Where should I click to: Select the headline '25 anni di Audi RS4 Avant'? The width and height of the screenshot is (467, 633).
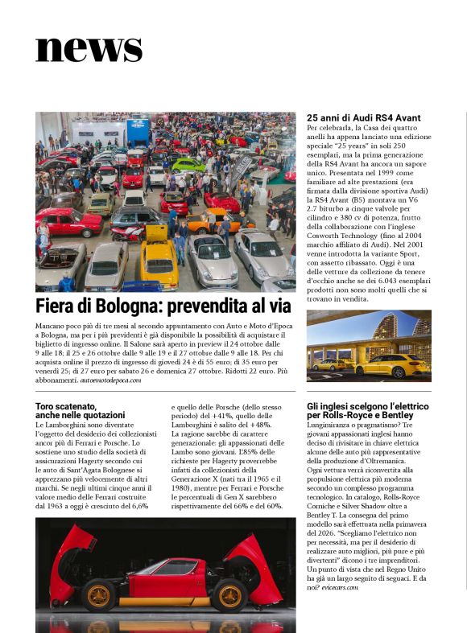[x=363, y=118]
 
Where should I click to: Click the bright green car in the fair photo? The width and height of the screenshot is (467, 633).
[x=187, y=165]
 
